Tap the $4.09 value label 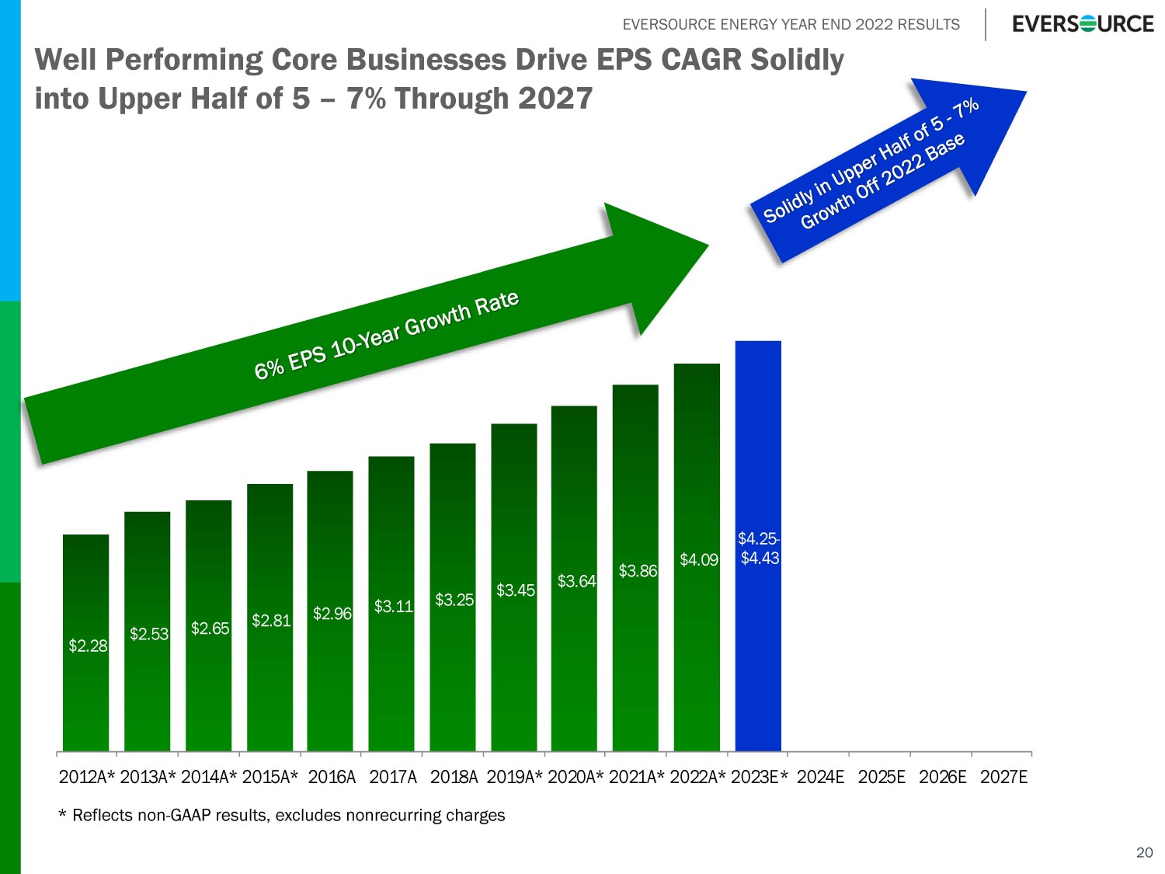[x=699, y=560]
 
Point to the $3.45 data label [x=516, y=590]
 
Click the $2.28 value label [x=88, y=646]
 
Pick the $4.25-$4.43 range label [x=759, y=548]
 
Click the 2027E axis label [x=1003, y=777]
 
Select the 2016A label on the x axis [x=332, y=777]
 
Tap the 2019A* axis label [x=514, y=777]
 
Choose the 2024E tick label [x=820, y=777]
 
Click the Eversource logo [x=1083, y=24]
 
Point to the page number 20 [x=1144, y=852]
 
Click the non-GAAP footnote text [x=282, y=815]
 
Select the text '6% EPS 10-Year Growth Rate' [x=387, y=336]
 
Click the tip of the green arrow [x=707, y=246]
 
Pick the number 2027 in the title [x=555, y=99]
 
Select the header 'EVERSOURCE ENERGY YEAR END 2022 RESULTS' [x=791, y=24]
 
